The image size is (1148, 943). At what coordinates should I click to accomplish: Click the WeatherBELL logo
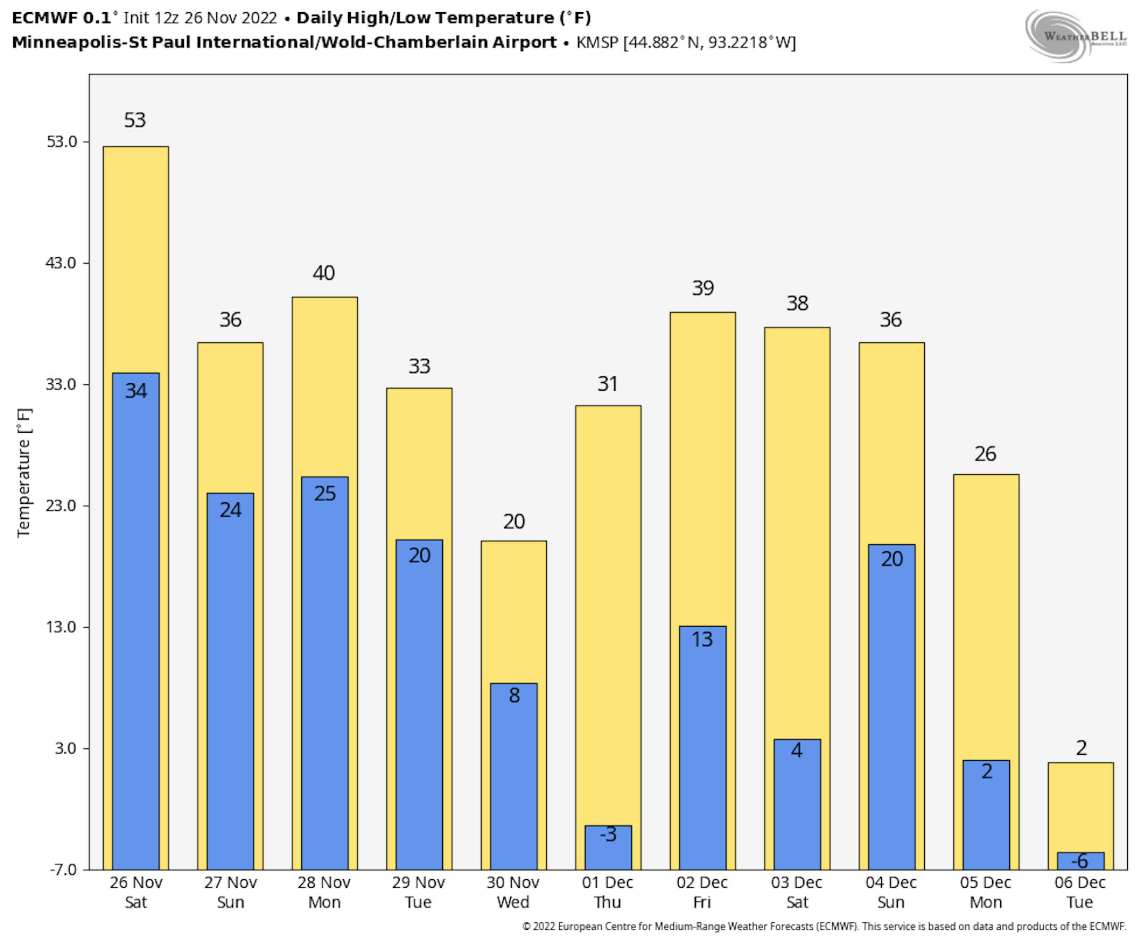(x=1075, y=36)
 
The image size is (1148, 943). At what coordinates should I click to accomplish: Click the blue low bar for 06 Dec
(x=1080, y=862)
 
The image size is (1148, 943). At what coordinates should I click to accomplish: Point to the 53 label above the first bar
(x=134, y=120)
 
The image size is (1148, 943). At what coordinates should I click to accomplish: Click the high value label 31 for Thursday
(x=607, y=384)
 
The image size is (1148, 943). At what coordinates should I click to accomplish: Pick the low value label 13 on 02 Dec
(x=702, y=639)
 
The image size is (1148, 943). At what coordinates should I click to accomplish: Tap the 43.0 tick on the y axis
(x=61, y=263)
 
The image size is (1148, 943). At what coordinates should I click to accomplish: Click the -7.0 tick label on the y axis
(x=63, y=870)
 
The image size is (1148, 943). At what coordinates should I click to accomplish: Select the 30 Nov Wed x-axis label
(x=513, y=892)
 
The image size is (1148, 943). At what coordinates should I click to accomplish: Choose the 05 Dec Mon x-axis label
(x=985, y=892)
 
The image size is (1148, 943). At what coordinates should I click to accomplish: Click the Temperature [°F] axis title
(x=24, y=473)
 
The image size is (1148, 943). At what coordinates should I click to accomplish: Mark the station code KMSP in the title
(x=597, y=43)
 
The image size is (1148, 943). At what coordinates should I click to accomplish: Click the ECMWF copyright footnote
(x=824, y=927)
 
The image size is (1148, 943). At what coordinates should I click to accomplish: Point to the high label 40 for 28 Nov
(x=324, y=273)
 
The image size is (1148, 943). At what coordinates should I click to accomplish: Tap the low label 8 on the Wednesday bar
(x=514, y=695)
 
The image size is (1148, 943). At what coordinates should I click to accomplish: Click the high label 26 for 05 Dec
(x=985, y=454)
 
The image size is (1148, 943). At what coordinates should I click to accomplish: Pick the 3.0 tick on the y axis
(x=65, y=748)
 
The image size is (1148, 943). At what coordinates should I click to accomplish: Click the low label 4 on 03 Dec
(x=797, y=751)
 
